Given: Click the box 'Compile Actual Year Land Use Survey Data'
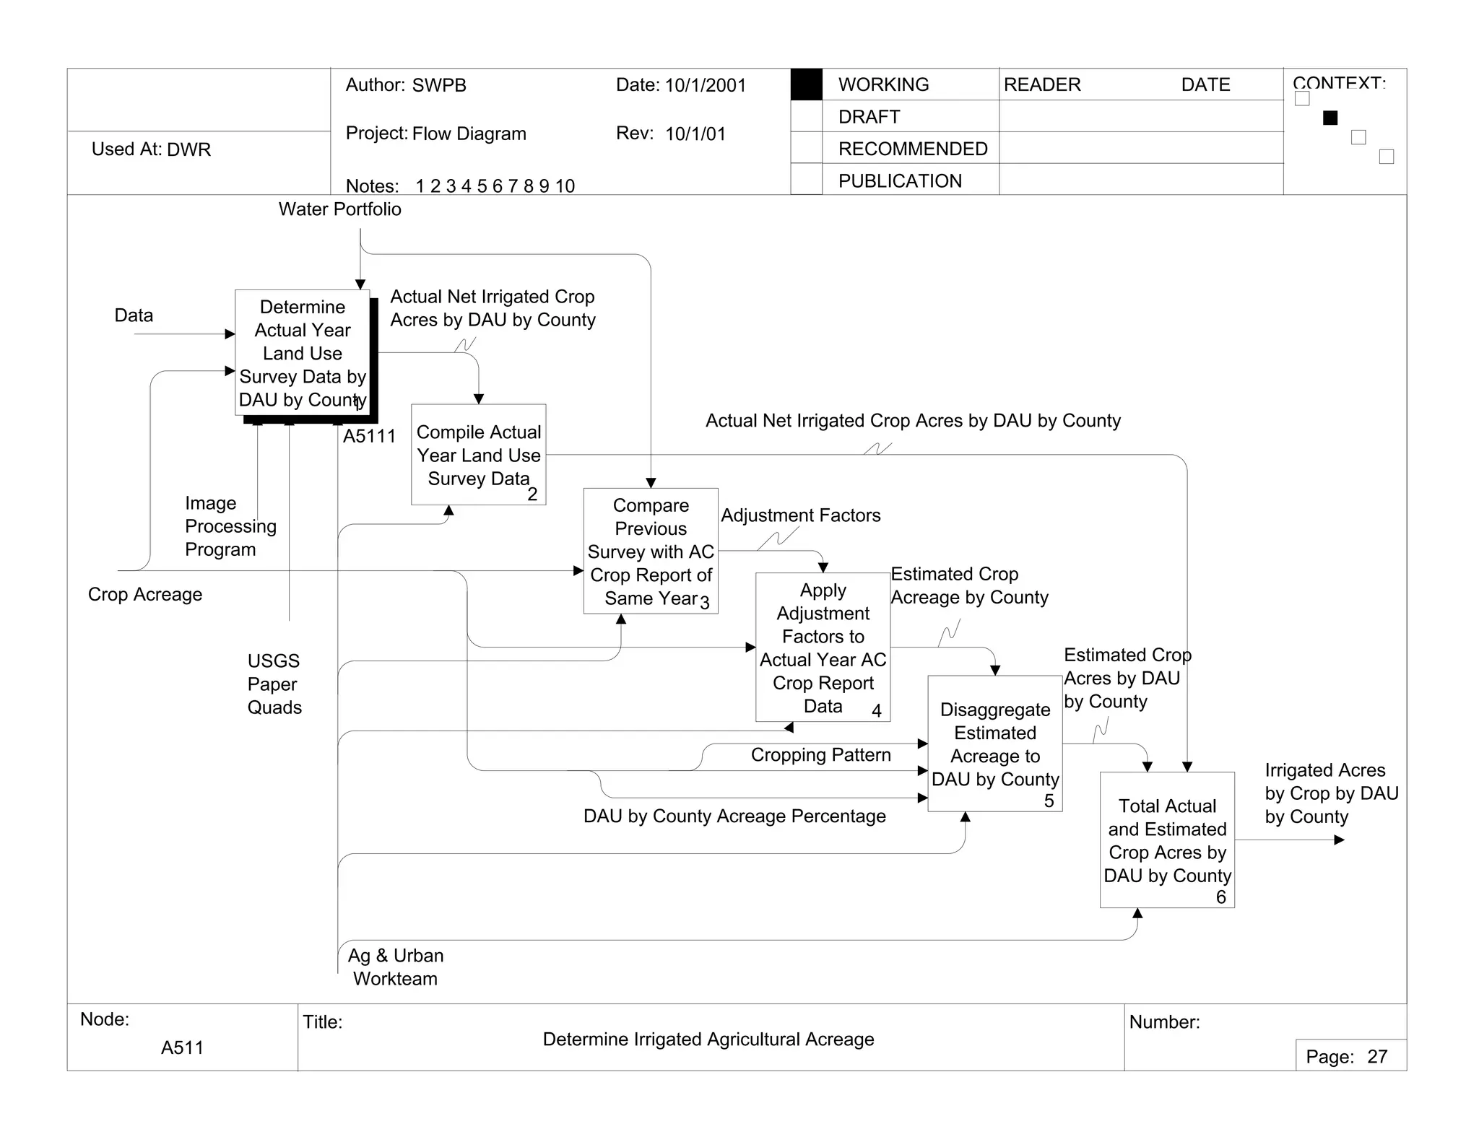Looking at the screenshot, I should click(x=478, y=455).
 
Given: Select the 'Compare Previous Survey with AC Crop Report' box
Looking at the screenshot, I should click(x=651, y=551).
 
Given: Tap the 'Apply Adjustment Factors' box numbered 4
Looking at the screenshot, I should click(x=823, y=648).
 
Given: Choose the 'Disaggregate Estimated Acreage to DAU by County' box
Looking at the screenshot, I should click(x=994, y=744).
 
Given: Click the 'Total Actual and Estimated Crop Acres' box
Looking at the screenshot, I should click(x=1167, y=840).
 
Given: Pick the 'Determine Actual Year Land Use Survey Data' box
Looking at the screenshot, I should click(x=303, y=353).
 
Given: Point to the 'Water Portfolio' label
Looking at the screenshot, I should click(x=339, y=209).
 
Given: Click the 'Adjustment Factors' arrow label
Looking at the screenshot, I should click(x=800, y=515).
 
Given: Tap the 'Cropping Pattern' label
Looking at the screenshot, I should click(x=820, y=755).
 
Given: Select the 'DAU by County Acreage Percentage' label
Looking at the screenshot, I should click(x=734, y=816).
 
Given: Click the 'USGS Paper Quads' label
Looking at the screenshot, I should click(x=274, y=684).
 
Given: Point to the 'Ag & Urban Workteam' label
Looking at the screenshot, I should click(x=396, y=967).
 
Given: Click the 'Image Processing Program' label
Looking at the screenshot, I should click(x=230, y=526).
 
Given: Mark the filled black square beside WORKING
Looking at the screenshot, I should click(x=806, y=84).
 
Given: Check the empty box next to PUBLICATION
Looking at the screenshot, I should click(x=806, y=180).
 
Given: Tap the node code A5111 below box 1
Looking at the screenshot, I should click(x=369, y=437).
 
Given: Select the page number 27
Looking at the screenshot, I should click(x=1377, y=1057).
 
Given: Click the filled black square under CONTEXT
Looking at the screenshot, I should click(x=1330, y=118).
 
